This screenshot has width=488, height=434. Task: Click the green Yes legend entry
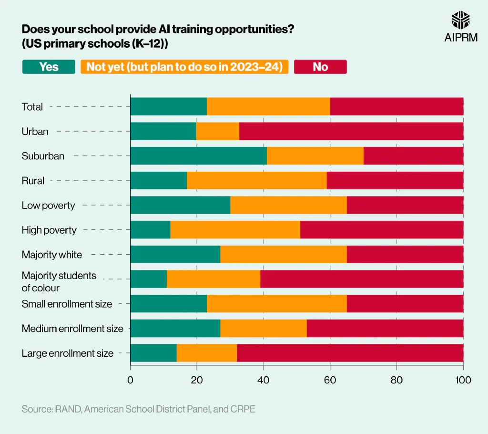[x=49, y=67]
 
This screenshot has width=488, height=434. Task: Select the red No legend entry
[x=320, y=67]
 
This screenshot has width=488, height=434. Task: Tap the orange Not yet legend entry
[x=184, y=67]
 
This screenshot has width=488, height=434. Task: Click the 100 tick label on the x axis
[x=462, y=380]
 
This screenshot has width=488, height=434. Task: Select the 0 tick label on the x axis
[x=130, y=380]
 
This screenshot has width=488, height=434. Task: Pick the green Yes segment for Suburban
[x=198, y=156]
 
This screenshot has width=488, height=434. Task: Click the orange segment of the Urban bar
[x=217, y=131]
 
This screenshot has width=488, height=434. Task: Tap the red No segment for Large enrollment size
[x=350, y=353]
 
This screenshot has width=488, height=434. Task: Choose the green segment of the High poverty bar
[x=150, y=230]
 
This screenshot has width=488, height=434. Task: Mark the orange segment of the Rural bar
[x=256, y=181]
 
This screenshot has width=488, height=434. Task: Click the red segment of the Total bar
[x=396, y=106]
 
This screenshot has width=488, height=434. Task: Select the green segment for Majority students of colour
[x=148, y=279]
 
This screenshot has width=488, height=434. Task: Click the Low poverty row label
[x=48, y=206]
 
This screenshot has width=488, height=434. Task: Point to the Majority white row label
[x=51, y=255]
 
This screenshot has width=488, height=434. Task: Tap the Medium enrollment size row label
[x=72, y=329]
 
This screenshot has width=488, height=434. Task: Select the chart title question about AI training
[x=157, y=29]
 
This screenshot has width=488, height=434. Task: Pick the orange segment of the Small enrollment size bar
[x=276, y=304]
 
